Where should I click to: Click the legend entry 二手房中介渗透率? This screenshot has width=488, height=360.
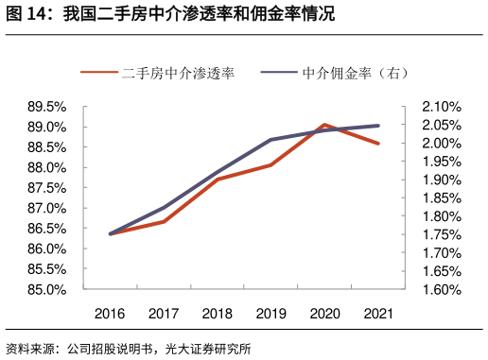tap(178, 73)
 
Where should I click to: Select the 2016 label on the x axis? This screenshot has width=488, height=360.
tap(110, 314)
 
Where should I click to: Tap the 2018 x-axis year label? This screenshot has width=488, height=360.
tap(218, 314)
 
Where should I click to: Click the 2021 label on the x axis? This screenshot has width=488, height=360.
tap(378, 314)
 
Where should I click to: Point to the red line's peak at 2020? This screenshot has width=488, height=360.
tap(324, 125)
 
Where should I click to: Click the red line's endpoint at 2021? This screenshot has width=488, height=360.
tap(378, 144)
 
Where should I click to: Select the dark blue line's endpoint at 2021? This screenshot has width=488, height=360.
tap(378, 126)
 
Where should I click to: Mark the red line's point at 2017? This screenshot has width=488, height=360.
tap(164, 221)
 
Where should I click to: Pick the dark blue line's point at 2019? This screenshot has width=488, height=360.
tap(271, 140)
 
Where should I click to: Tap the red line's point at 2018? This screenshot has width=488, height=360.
tap(218, 179)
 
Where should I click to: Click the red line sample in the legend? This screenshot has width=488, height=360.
tap(99, 73)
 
